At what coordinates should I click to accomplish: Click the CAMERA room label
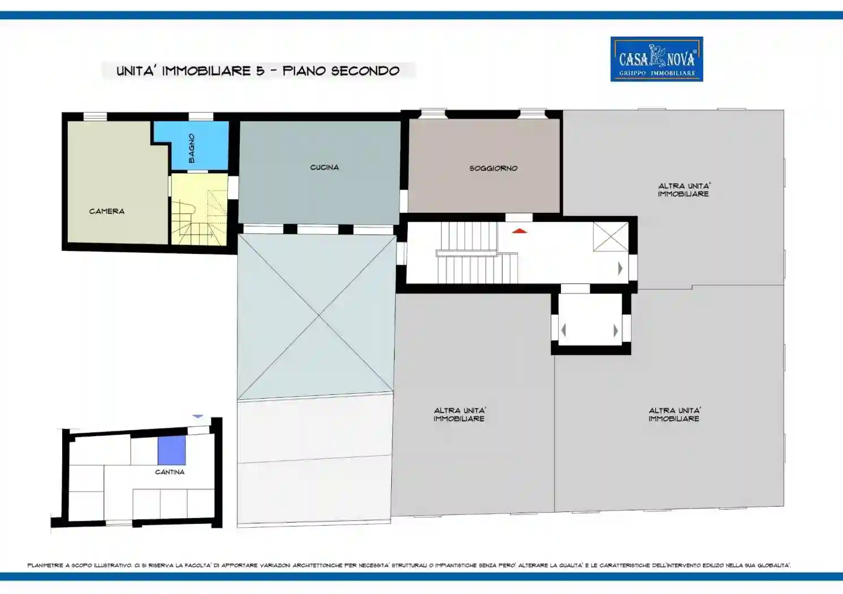[x=107, y=212]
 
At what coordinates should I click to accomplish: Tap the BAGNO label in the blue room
[x=192, y=148]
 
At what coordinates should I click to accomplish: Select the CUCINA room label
[x=325, y=167]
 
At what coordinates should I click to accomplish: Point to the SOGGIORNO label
[x=494, y=169]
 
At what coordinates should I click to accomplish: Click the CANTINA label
[x=170, y=472]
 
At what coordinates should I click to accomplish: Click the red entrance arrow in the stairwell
[x=520, y=230]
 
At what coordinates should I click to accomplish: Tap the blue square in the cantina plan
[x=172, y=450]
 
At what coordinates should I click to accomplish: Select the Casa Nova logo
[x=657, y=59]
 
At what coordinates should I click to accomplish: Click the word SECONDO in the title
[x=365, y=71]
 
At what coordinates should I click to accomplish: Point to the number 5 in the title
[x=261, y=71]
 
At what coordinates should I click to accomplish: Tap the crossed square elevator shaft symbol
[x=611, y=236]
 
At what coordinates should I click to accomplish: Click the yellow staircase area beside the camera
[x=200, y=209]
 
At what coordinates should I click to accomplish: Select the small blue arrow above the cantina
[x=198, y=416]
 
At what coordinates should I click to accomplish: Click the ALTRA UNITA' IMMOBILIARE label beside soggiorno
[x=684, y=190]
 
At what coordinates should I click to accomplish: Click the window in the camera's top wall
[x=95, y=117]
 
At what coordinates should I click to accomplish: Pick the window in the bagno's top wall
[x=201, y=117]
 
